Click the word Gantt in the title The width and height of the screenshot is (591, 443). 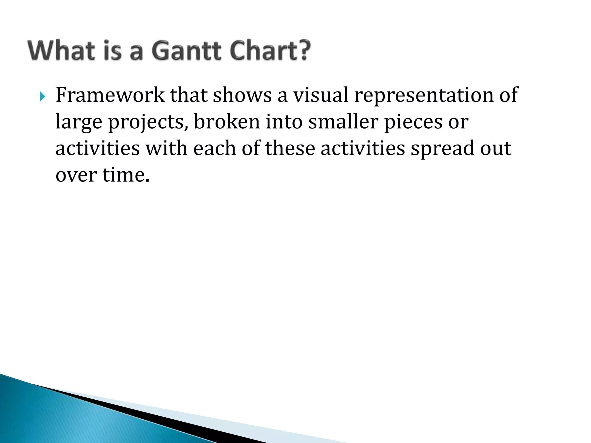pos(186,51)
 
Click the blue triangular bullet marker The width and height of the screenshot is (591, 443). pos(43,97)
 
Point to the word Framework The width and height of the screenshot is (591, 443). pos(110,95)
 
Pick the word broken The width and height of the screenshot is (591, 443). pos(227,122)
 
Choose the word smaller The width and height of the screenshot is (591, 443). pos(343,122)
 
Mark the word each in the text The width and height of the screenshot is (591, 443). pos(214,148)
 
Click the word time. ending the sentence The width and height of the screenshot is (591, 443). pos(126,175)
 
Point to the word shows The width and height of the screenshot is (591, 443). pos(242,95)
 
